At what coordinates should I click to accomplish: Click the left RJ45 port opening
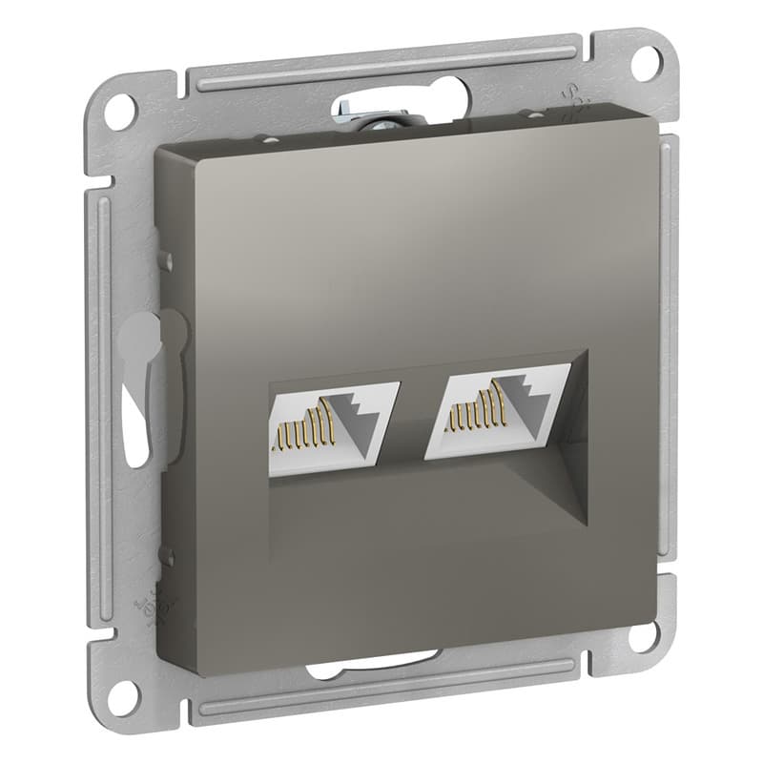(334, 416)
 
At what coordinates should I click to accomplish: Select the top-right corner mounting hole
(648, 59)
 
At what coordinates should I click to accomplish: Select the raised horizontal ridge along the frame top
(381, 72)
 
